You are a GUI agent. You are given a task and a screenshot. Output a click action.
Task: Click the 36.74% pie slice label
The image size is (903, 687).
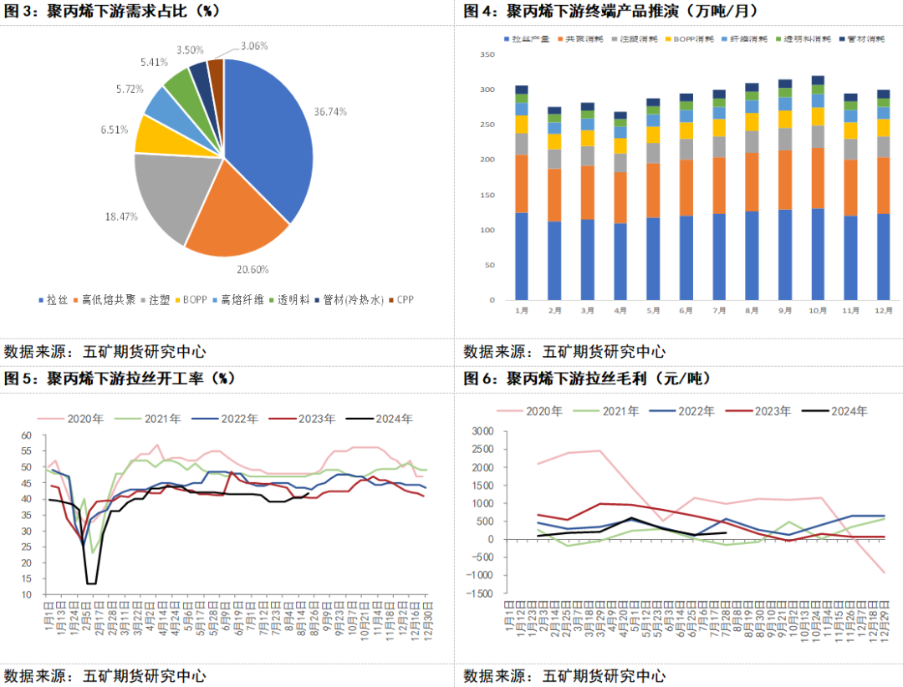(x=330, y=111)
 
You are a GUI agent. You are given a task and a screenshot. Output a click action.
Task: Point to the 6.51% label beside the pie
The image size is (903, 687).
(x=115, y=129)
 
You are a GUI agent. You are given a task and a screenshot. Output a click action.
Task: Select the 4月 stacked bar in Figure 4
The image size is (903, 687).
(x=620, y=209)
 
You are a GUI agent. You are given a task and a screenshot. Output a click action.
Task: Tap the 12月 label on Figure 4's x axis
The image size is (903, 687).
(x=883, y=309)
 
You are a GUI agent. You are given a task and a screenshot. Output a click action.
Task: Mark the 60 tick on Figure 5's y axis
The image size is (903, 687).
(x=25, y=435)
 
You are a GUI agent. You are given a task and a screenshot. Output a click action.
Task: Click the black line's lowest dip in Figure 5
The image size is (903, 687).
(x=90, y=583)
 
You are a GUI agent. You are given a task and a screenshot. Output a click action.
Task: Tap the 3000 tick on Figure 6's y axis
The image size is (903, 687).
(x=482, y=431)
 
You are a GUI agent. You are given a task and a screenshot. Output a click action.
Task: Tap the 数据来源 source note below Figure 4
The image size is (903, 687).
(x=564, y=352)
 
